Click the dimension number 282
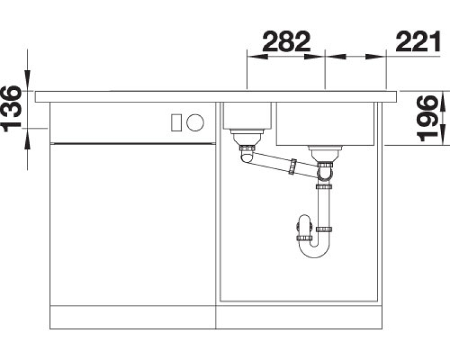tap(286, 42)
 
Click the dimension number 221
tap(417, 42)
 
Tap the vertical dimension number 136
tap(11, 109)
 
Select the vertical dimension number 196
tap(427, 119)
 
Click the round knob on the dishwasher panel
tap(195, 122)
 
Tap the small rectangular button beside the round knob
tap(176, 123)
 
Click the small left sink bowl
tap(247, 115)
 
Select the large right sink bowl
tap(325, 124)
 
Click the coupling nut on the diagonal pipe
tap(293, 166)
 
